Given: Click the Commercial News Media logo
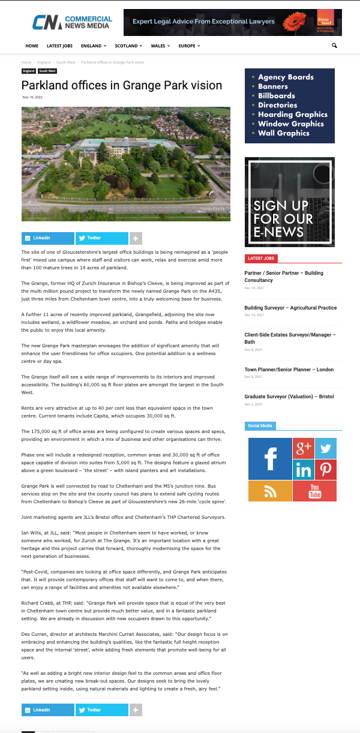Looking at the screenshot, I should (x=71, y=22).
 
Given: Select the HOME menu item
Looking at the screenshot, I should (x=32, y=46).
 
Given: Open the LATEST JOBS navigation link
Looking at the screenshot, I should (x=60, y=46).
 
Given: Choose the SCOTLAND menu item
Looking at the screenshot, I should (x=128, y=46).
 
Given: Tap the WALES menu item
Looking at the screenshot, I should (x=160, y=46).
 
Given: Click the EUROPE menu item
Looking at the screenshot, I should (x=189, y=46).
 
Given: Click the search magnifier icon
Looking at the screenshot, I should (x=334, y=46).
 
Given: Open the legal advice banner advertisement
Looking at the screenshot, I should (x=232, y=22).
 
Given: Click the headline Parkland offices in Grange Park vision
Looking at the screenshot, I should (x=122, y=85).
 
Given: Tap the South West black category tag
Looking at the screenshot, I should (x=48, y=71).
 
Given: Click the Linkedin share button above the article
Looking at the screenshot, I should (x=48, y=238).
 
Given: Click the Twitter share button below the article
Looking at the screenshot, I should (x=101, y=710).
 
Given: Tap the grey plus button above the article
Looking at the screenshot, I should (x=136, y=238).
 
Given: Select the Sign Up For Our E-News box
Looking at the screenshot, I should (x=290, y=202).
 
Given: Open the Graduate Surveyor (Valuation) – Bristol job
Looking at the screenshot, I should (x=289, y=396).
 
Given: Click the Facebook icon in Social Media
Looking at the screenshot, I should (x=269, y=459).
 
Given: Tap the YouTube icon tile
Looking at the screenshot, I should (x=314, y=491).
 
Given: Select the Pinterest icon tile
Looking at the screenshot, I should (x=326, y=469).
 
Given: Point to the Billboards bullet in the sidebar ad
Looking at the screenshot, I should (x=277, y=95).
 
